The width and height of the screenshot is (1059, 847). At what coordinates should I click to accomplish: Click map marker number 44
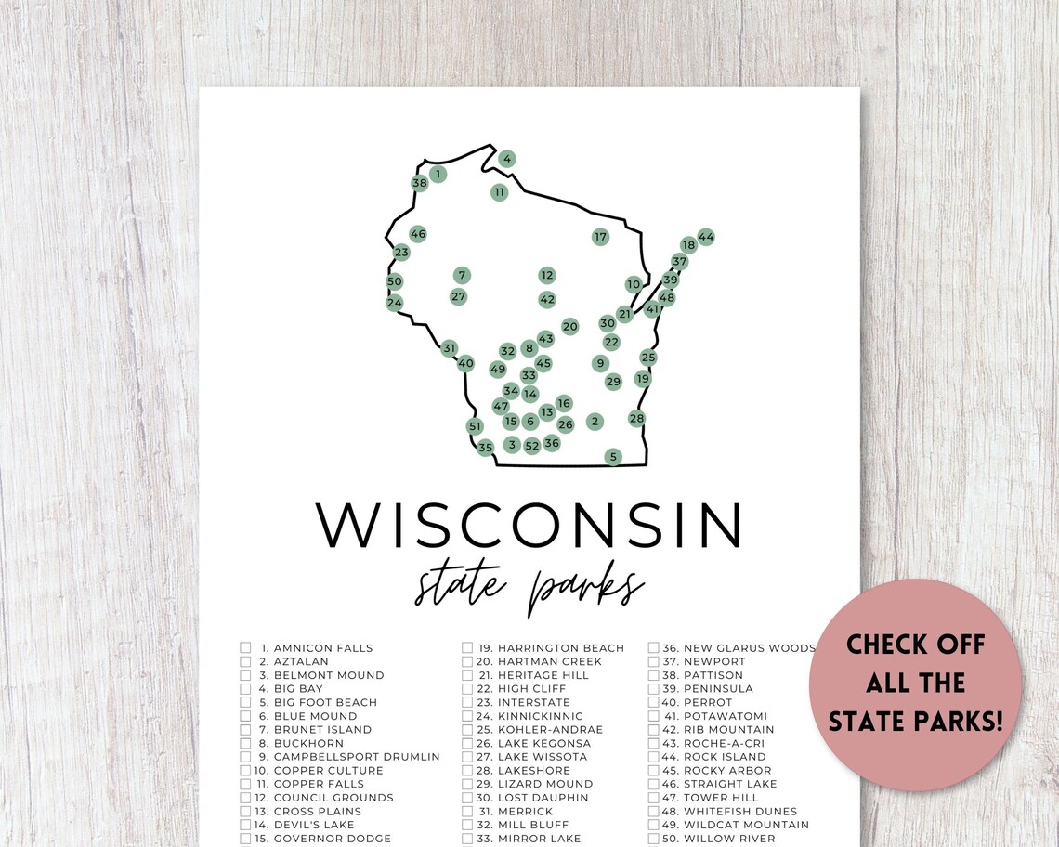click(x=706, y=237)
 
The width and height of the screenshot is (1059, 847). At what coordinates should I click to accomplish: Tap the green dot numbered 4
click(x=507, y=159)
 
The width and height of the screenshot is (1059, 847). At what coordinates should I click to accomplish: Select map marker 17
click(x=600, y=237)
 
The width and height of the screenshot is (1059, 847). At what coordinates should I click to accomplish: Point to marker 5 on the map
click(x=612, y=457)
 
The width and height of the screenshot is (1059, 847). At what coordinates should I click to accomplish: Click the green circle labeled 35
click(x=485, y=448)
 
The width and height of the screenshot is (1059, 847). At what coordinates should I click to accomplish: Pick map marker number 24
click(x=395, y=303)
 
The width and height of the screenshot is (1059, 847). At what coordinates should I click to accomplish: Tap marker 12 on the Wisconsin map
click(x=547, y=275)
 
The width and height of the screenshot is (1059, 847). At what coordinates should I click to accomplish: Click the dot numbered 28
click(x=636, y=419)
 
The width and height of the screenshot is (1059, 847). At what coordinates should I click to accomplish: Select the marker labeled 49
click(x=498, y=370)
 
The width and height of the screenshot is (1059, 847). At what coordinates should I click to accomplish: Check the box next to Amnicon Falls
click(x=246, y=648)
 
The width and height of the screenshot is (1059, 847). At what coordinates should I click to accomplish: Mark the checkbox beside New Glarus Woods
click(x=654, y=648)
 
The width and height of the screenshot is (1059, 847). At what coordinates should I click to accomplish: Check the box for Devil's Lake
click(x=246, y=825)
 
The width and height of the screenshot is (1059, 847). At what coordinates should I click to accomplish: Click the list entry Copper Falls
click(x=319, y=784)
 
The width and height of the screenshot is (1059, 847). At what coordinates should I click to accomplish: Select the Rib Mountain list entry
click(x=728, y=730)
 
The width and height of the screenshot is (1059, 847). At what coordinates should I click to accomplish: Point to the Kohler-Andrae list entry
click(x=550, y=730)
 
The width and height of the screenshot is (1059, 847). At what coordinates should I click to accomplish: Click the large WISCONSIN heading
click(x=529, y=526)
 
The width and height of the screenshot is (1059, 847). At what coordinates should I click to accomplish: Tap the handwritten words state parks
click(x=529, y=587)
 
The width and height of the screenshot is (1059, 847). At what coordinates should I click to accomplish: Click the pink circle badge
click(x=915, y=684)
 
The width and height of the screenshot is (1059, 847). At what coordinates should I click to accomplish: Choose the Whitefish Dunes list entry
click(x=739, y=812)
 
